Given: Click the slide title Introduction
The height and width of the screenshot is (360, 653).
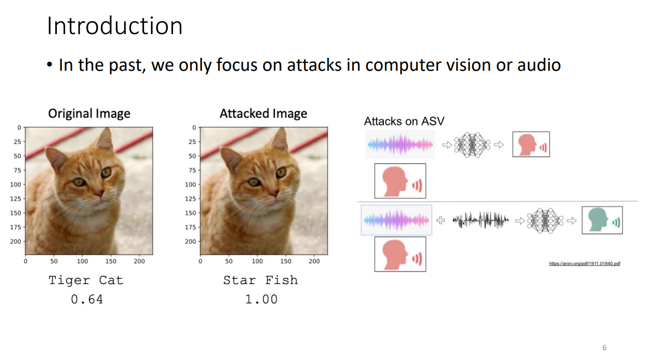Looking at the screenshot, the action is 115,26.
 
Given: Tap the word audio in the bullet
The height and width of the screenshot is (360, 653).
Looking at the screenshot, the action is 539,65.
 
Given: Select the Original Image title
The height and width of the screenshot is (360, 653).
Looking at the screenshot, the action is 89,114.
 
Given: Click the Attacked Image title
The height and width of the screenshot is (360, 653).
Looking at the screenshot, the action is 263,114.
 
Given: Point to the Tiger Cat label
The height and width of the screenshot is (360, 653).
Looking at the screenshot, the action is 86,280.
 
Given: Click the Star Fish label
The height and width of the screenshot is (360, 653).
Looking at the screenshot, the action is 260,280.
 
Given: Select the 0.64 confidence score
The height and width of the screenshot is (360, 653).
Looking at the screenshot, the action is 87,300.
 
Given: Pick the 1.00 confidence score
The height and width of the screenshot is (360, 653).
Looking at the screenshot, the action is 261,300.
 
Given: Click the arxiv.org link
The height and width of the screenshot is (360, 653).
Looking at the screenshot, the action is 584,263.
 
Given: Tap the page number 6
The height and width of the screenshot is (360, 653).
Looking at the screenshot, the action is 604,348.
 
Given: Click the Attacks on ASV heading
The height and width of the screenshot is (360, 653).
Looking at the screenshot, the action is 404,121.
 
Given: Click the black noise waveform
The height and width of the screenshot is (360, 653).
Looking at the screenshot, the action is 480,220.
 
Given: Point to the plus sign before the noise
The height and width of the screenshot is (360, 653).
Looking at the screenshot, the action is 441,220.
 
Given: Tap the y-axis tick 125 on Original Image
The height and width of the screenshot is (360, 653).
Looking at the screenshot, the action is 15,199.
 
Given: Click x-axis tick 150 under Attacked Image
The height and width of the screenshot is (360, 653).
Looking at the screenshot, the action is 286,261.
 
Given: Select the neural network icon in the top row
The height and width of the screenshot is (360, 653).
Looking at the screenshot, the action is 472,145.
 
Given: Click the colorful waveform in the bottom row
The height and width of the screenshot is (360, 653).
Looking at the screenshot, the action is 396,220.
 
